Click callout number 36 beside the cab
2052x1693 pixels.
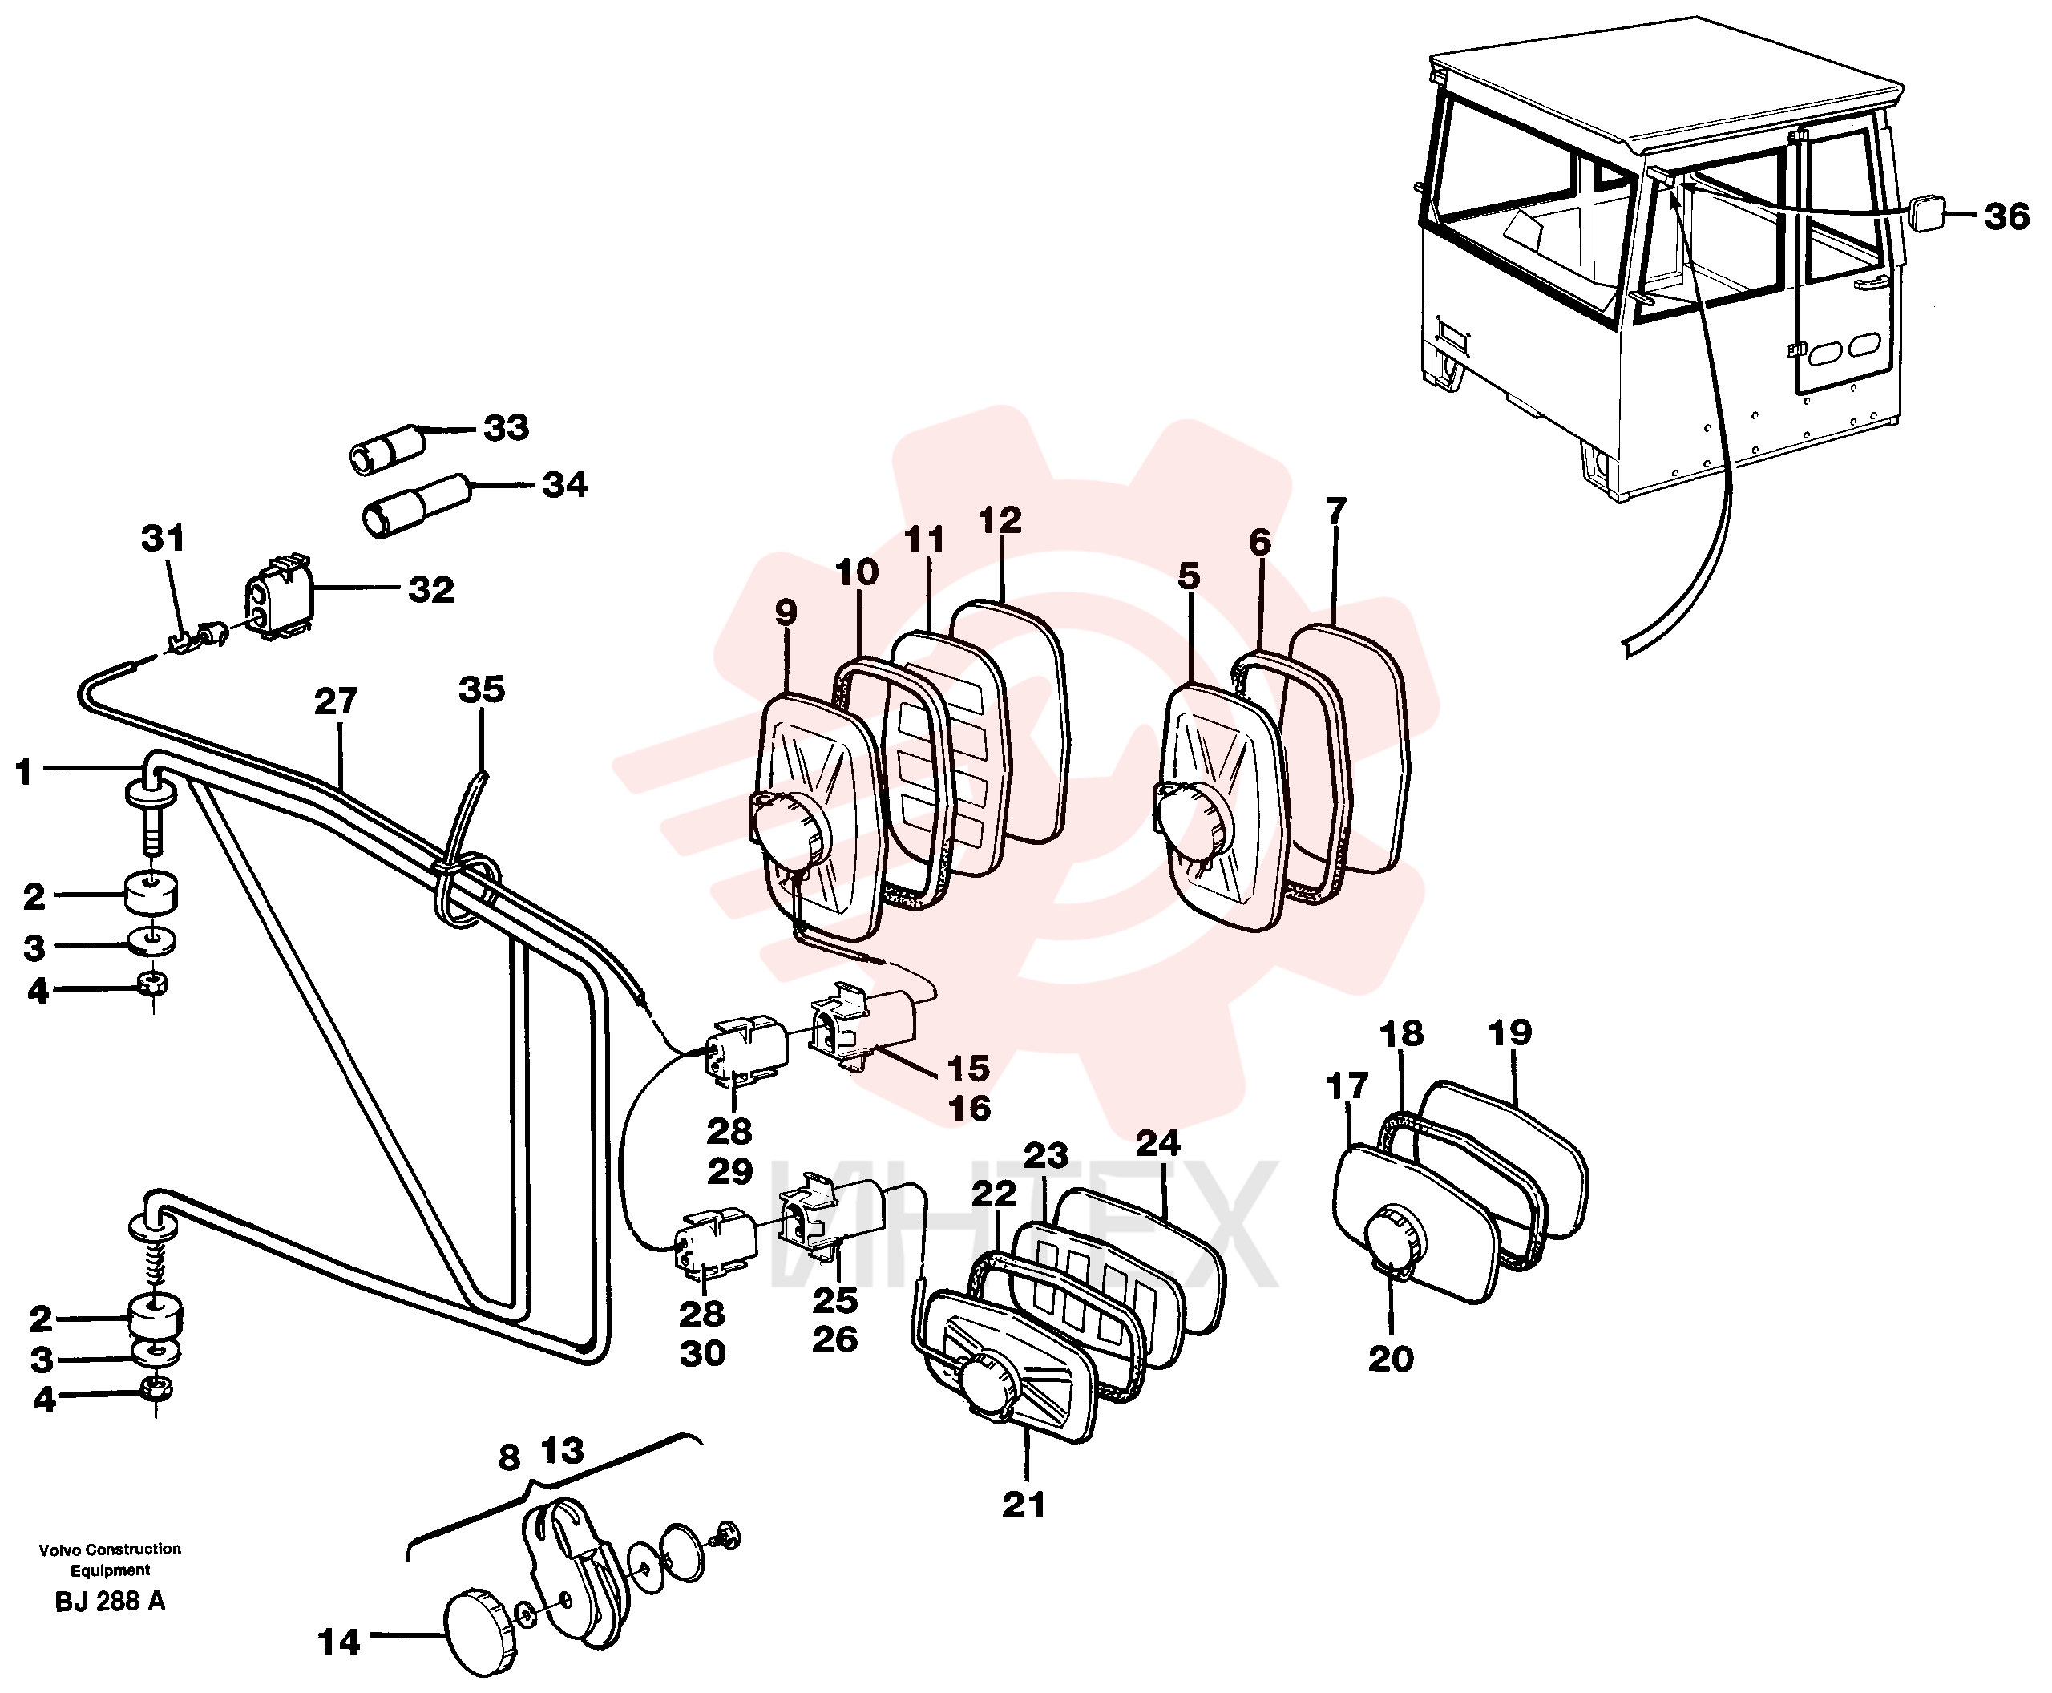pyautogui.click(x=2006, y=216)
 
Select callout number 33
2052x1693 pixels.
pyautogui.click(x=506, y=427)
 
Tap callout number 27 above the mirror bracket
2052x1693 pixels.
pyautogui.click(x=336, y=701)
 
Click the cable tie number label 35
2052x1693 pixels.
pyautogui.click(x=482, y=689)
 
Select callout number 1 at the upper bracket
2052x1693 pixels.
pyautogui.click(x=24, y=773)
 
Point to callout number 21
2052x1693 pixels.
pyautogui.click(x=1023, y=1505)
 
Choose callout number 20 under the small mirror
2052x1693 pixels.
pyautogui.click(x=1391, y=1359)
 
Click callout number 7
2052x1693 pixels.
pyautogui.click(x=1335, y=510)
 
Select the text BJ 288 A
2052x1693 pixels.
pyautogui.click(x=110, y=1602)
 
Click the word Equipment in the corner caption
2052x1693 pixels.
pyautogui.click(x=110, y=1570)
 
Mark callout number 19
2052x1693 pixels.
pyautogui.click(x=1509, y=1032)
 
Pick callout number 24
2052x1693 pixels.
pyautogui.click(x=1157, y=1143)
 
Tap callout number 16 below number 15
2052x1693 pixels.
pyautogui.click(x=969, y=1109)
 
